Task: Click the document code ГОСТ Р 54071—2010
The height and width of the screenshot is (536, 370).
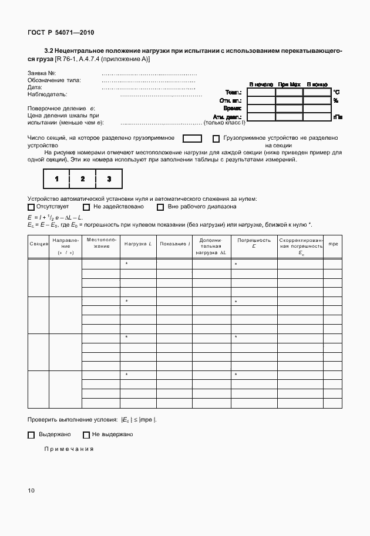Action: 60,32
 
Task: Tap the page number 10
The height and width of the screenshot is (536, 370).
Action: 32,490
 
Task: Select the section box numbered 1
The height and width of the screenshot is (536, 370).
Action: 56,178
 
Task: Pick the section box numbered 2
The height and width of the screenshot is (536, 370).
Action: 83,178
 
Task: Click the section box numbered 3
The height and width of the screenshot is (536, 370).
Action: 109,178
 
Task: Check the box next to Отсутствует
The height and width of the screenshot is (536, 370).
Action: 31,207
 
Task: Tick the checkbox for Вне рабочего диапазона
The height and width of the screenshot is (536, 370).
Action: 160,207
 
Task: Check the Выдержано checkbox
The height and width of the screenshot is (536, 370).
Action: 31,435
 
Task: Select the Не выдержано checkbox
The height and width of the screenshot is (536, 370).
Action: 86,435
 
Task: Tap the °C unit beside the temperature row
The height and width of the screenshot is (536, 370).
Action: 336,93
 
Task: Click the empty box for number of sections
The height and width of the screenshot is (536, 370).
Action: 192,139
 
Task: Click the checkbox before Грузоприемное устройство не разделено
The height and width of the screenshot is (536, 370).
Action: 216,139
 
